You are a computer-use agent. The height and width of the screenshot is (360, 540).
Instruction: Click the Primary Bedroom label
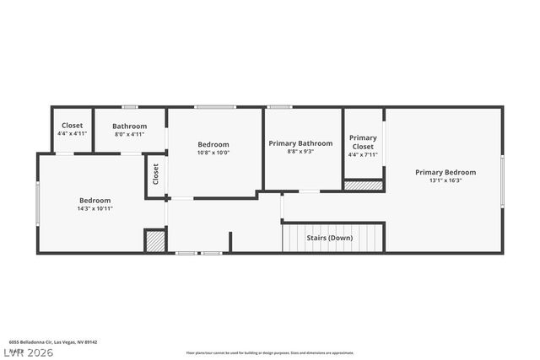[x=445, y=172]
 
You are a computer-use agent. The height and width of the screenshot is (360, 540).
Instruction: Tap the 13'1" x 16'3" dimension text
[x=445, y=180]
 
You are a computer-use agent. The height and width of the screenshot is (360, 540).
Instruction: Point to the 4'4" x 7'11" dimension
[x=363, y=154]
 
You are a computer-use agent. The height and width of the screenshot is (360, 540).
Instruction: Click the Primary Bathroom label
[x=300, y=143]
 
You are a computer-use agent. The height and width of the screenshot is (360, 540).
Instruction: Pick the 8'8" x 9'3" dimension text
[x=300, y=152]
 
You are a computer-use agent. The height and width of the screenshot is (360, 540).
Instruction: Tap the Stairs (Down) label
[x=329, y=238]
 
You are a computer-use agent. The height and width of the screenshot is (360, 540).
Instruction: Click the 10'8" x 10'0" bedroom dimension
[x=213, y=153]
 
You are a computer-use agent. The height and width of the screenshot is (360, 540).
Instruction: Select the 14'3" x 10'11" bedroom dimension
[x=95, y=208]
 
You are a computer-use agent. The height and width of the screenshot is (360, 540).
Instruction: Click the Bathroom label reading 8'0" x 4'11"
[x=129, y=126]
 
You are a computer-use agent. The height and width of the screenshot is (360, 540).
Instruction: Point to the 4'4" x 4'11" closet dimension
[x=72, y=133]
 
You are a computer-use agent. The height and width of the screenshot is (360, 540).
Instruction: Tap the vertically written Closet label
[x=155, y=175]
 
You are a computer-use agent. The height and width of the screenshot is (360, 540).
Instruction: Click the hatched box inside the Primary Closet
[x=364, y=185]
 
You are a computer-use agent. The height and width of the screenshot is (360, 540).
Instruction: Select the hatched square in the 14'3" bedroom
[x=154, y=240]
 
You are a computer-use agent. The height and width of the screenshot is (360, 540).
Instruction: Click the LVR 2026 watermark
[x=27, y=352]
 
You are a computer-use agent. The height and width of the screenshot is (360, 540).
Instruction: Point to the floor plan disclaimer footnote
[x=270, y=352]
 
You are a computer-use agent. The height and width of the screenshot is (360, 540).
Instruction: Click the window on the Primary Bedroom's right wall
[x=502, y=180]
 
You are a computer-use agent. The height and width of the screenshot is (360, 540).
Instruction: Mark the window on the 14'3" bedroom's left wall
[x=37, y=204]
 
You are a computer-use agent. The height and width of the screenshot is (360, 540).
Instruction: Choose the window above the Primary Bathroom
[x=279, y=107]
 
